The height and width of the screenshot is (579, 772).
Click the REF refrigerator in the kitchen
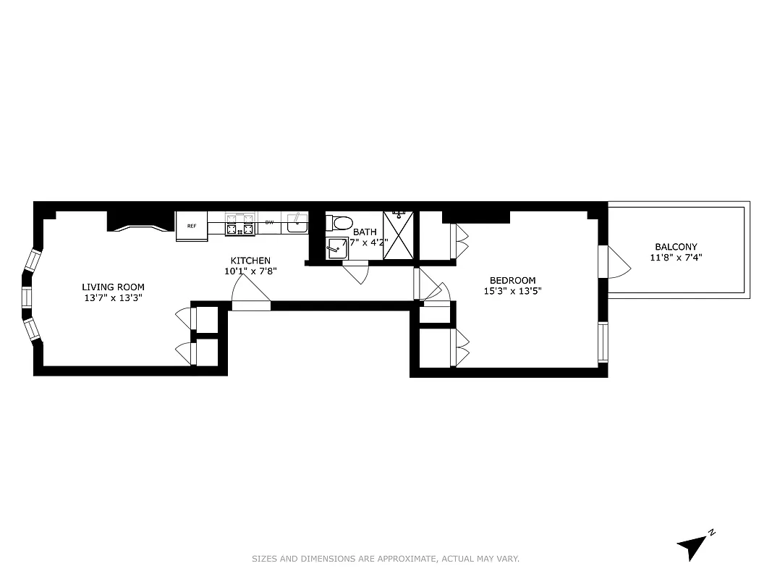192,226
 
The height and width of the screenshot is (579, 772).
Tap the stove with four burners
241,225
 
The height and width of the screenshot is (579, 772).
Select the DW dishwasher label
269,223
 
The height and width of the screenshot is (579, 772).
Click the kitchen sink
297,224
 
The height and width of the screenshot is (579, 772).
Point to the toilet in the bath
339,222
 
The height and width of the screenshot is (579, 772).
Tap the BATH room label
365,232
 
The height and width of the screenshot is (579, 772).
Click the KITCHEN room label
250,261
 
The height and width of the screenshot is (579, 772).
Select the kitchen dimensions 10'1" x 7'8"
250,271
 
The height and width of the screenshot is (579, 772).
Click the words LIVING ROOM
113,287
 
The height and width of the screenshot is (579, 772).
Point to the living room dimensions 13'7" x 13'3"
113,297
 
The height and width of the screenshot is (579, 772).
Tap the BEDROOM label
512,280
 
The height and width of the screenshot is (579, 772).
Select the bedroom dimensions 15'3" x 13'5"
512,291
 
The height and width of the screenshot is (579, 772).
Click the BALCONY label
676,247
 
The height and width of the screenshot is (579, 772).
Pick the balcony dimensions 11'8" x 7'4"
676,257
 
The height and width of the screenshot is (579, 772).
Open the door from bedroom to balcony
616,262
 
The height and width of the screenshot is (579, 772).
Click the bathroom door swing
356,273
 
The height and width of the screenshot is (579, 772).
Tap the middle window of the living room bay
27,297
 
